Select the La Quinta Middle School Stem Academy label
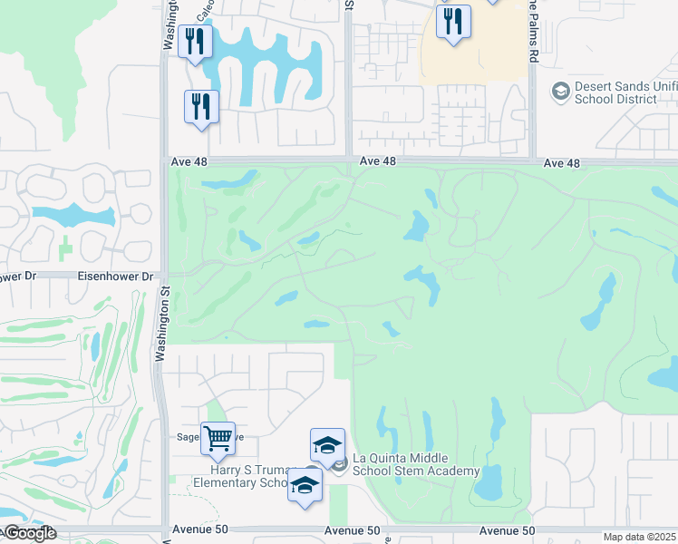click(x=416, y=464)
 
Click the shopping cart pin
click(x=218, y=440)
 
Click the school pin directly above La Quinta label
click(x=327, y=446)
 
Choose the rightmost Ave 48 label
click(x=561, y=162)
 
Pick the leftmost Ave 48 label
click(x=189, y=161)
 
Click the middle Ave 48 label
click(x=377, y=161)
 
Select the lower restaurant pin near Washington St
click(x=200, y=107)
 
